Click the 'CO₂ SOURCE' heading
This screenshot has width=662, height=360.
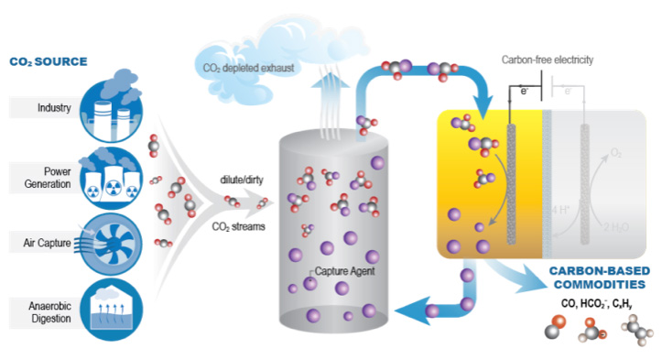(48, 62)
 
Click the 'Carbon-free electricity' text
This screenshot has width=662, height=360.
(548, 60)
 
